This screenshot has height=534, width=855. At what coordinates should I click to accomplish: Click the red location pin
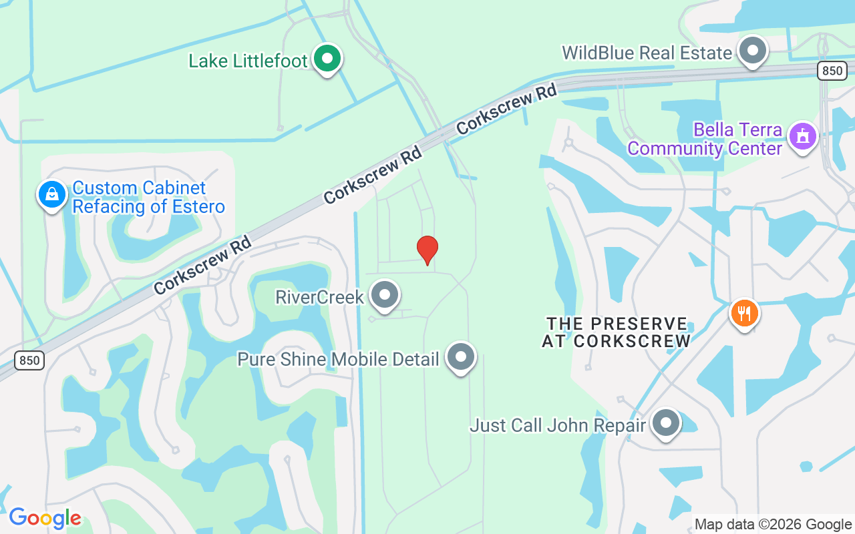[427, 250]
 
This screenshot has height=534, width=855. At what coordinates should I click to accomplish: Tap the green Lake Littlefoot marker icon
[327, 59]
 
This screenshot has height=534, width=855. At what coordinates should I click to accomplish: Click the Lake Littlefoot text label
[248, 61]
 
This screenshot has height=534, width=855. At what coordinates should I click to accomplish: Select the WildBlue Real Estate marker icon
[753, 51]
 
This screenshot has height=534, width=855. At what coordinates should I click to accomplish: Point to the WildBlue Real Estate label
[647, 53]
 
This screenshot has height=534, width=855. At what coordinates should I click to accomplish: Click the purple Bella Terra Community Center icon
[802, 136]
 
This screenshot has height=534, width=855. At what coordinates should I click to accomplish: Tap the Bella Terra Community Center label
[705, 138]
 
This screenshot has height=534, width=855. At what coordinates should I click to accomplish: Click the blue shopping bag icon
[52, 195]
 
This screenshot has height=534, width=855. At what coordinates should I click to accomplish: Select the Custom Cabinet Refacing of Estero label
[148, 198]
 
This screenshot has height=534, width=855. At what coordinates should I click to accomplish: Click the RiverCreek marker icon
[385, 295]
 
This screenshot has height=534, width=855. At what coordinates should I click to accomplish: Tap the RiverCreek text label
[319, 297]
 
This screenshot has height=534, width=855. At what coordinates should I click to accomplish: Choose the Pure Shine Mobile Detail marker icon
[461, 357]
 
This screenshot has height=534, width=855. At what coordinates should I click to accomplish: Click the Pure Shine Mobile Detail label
[338, 359]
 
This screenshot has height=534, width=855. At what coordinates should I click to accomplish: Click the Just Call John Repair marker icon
[665, 423]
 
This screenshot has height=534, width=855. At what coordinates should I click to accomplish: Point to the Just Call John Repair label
[558, 425]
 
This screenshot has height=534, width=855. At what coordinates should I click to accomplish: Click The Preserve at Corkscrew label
[616, 332]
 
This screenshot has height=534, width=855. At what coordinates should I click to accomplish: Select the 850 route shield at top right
[832, 70]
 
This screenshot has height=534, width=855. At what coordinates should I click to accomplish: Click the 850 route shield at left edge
[29, 360]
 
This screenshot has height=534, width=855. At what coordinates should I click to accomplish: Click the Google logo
[45, 518]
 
